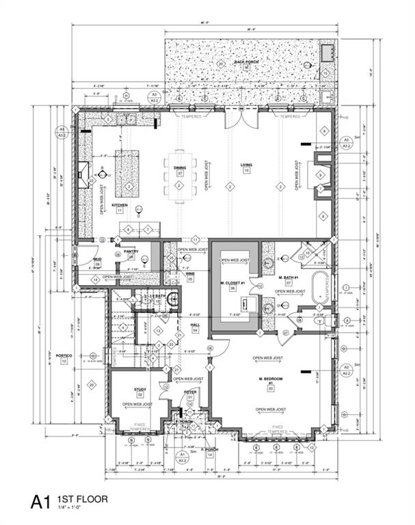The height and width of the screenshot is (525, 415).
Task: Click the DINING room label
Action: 180,167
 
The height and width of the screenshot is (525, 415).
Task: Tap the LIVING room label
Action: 246,165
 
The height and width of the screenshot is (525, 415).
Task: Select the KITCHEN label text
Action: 120,205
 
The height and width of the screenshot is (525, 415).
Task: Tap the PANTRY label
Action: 131,251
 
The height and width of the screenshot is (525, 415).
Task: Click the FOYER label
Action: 189,391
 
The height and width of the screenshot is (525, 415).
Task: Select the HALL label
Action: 195,325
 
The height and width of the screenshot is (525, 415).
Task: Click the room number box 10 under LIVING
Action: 246,171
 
